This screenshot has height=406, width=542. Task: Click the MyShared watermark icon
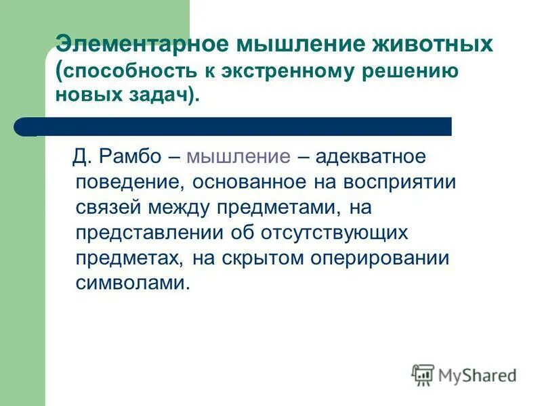click(423, 374)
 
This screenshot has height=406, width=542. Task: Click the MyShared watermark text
click(477, 375)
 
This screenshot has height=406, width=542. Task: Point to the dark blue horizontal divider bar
click(237, 127)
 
